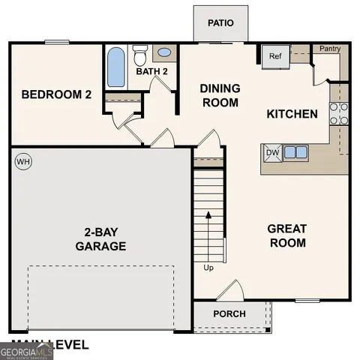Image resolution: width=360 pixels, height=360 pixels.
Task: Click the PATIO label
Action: point(220,22)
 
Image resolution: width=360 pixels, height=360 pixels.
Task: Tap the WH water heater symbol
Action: point(22,161)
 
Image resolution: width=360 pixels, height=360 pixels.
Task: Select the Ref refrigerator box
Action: point(274,55)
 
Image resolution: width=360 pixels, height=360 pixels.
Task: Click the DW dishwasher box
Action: point(271,152)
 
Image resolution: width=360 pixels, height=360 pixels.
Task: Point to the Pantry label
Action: point(330,49)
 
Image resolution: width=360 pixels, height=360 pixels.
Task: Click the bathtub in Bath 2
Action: point(116,67)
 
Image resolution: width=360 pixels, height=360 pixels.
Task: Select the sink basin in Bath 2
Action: point(165,53)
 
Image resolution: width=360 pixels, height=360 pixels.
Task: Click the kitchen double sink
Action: point(295,152)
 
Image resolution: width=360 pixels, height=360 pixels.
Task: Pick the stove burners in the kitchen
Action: point(339,112)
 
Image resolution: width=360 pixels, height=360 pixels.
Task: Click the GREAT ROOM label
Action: point(287,235)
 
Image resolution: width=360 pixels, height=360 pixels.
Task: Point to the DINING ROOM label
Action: point(220,94)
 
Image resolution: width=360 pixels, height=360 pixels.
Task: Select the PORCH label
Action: point(229,313)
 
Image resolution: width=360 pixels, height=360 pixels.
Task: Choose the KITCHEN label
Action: point(292,114)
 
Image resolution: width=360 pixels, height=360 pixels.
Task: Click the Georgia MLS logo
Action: point(26,351)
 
